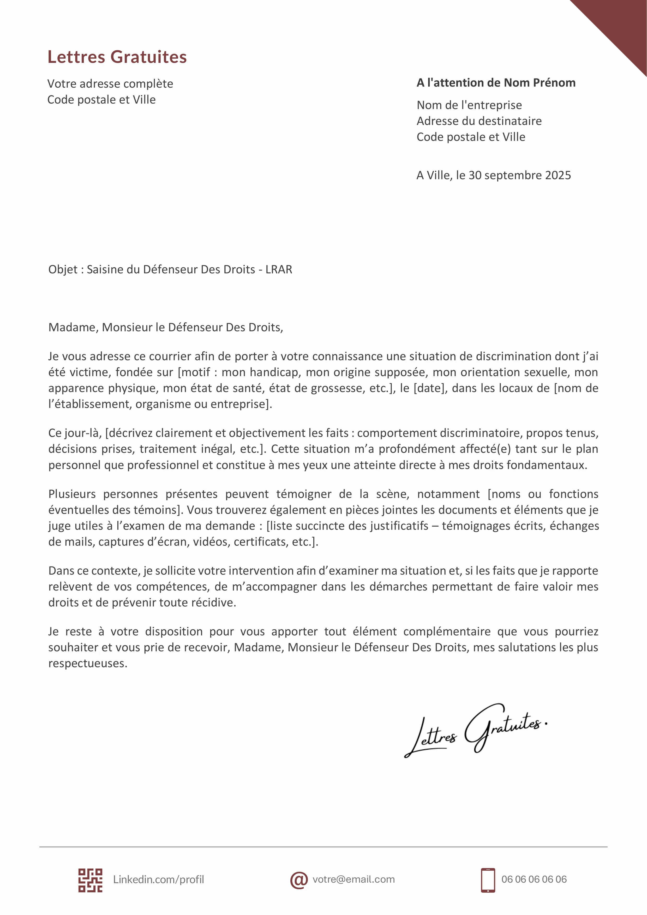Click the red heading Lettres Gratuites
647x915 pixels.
[x=117, y=57]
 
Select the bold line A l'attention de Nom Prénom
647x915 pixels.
[x=496, y=83]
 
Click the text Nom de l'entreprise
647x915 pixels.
[x=469, y=105]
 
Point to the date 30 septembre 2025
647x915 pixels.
[x=519, y=175]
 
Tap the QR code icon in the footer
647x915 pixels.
[x=90, y=880]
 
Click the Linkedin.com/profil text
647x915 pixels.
[x=158, y=880]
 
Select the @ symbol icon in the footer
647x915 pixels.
[x=298, y=880]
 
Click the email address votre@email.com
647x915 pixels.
[x=353, y=880]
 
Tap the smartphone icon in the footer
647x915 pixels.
[x=488, y=880]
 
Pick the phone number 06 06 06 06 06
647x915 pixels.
[x=534, y=880]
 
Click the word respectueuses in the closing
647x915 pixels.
[x=88, y=664]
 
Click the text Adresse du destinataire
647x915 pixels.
[x=479, y=121]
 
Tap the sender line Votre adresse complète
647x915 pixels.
[x=110, y=84]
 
